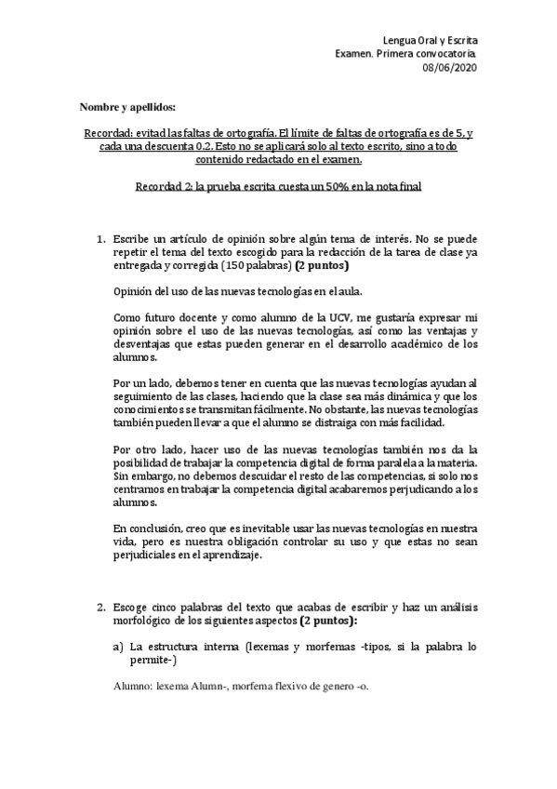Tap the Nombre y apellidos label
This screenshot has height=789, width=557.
pos(126,108)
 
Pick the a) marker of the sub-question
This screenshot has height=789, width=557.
pos(118,645)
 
